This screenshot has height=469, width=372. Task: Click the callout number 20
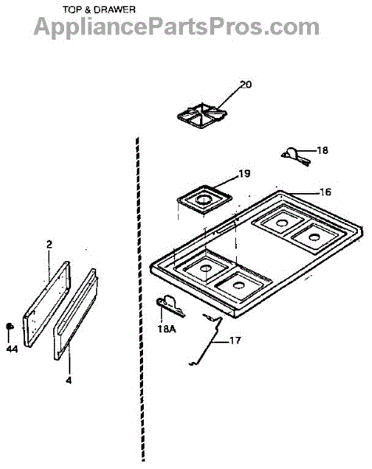tap(246, 84)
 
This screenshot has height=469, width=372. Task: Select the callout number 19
tap(244, 174)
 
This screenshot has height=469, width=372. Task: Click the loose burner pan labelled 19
tap(205, 199)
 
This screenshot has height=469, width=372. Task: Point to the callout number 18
tap(322, 150)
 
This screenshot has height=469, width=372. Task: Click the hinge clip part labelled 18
tap(295, 156)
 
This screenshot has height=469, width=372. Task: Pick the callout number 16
tap(325, 192)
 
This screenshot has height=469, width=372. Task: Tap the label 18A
tap(167, 329)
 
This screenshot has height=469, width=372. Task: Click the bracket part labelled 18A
tap(170, 306)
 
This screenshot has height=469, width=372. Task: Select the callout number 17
tap(234, 340)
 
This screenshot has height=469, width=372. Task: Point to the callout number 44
tap(12, 349)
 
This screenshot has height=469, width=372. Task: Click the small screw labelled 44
tap(10, 326)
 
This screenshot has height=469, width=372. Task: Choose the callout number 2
tap(49, 245)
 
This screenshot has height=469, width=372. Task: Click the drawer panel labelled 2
tap(46, 304)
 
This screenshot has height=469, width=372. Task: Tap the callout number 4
tap(69, 381)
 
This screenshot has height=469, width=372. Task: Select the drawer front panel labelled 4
tap(76, 313)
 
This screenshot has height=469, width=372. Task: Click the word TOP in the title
tap(72, 10)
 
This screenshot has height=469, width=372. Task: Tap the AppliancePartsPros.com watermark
tap(177, 27)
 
